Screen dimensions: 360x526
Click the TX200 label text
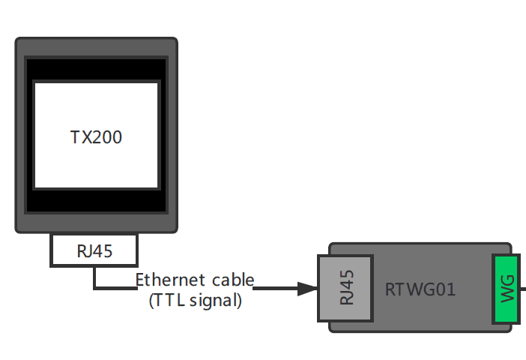click(x=96, y=137)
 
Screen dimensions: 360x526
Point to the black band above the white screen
click(x=96, y=69)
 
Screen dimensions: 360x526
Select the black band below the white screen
click(x=96, y=201)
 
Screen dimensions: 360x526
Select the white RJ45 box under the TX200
click(x=60, y=250)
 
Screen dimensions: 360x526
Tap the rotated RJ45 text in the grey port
click(x=346, y=288)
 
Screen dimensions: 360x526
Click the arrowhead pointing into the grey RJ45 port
click(x=307, y=289)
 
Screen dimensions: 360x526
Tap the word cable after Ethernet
click(x=232, y=280)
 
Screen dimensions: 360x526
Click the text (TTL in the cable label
click(x=169, y=300)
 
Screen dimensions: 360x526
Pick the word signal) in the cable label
click(x=218, y=301)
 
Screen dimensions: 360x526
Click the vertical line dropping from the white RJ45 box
click(x=94, y=277)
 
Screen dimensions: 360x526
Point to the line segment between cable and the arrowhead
click(x=276, y=289)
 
